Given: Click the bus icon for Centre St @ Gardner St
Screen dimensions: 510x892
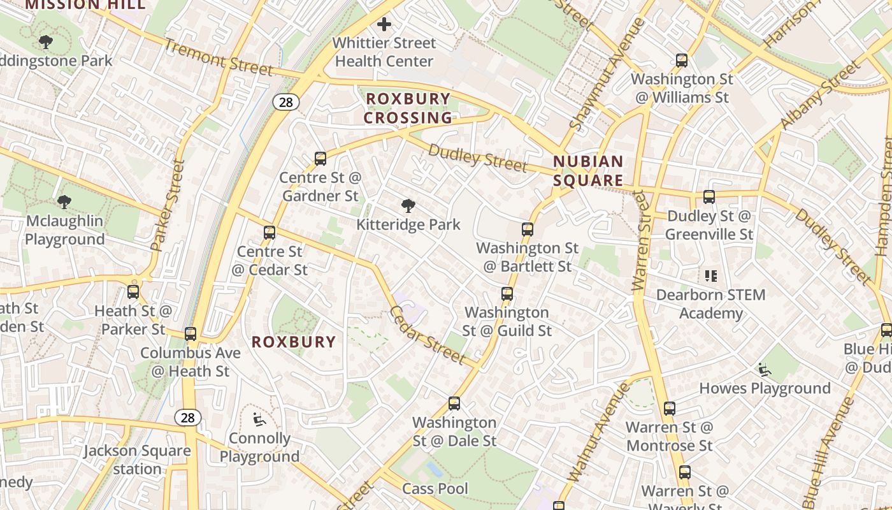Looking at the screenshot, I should (x=320, y=159).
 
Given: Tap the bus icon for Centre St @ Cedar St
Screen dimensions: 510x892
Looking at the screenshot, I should (x=270, y=233).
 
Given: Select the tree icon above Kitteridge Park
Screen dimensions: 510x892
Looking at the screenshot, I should (x=408, y=206).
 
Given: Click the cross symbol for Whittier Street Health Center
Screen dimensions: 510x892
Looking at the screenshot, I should (x=384, y=25).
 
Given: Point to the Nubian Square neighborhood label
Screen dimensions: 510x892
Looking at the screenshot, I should (x=587, y=171).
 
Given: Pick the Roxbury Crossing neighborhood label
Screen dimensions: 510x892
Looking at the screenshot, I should (x=408, y=108).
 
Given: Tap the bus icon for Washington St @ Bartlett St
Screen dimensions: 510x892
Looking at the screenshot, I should (x=528, y=229).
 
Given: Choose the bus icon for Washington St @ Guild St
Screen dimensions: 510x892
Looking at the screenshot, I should (x=507, y=294).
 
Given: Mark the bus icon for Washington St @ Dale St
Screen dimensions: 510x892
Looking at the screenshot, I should (x=454, y=404).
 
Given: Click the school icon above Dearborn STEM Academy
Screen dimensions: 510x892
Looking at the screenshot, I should (x=711, y=276).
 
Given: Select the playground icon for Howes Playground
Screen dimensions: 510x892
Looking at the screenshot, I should (x=765, y=370).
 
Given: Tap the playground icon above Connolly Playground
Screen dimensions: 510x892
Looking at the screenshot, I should (x=259, y=419).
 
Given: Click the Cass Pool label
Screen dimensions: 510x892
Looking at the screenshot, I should (x=435, y=489).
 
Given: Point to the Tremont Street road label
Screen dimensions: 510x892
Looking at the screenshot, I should (x=219, y=57).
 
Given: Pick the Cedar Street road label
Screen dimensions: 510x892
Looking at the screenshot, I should (x=427, y=335).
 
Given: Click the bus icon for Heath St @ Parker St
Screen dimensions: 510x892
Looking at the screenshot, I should (x=133, y=292).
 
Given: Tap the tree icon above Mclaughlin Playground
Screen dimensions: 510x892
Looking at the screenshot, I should (x=64, y=202).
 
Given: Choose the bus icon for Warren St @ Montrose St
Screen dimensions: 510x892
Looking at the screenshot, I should (x=670, y=409).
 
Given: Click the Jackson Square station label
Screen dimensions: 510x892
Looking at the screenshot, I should (x=138, y=460).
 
